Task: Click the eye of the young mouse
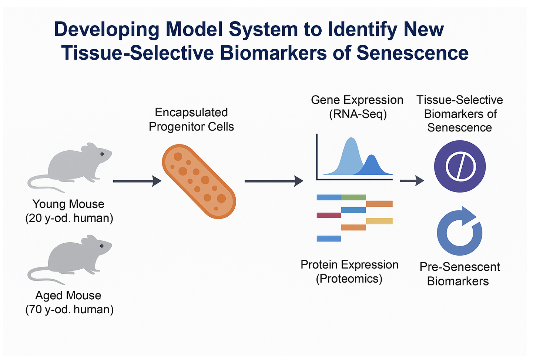pyautogui.click(x=102, y=154)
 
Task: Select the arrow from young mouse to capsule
pyautogui.click(x=137, y=181)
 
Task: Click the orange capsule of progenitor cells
pyautogui.click(x=199, y=181)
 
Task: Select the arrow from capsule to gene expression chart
pyautogui.click(x=274, y=181)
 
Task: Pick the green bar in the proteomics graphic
pyautogui.click(x=353, y=197)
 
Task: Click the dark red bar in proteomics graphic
pyautogui.click(x=329, y=215)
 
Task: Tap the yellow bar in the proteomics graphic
pyautogui.click(x=379, y=221)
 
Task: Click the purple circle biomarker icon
pyautogui.click(x=460, y=166)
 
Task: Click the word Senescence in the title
pyautogui.click(x=412, y=53)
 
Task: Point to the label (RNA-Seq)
pyautogui.click(x=358, y=114)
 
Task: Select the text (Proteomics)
pyautogui.click(x=349, y=279)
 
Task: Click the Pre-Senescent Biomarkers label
pyautogui.click(x=459, y=274)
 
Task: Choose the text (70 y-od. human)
pyautogui.click(x=69, y=309)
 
